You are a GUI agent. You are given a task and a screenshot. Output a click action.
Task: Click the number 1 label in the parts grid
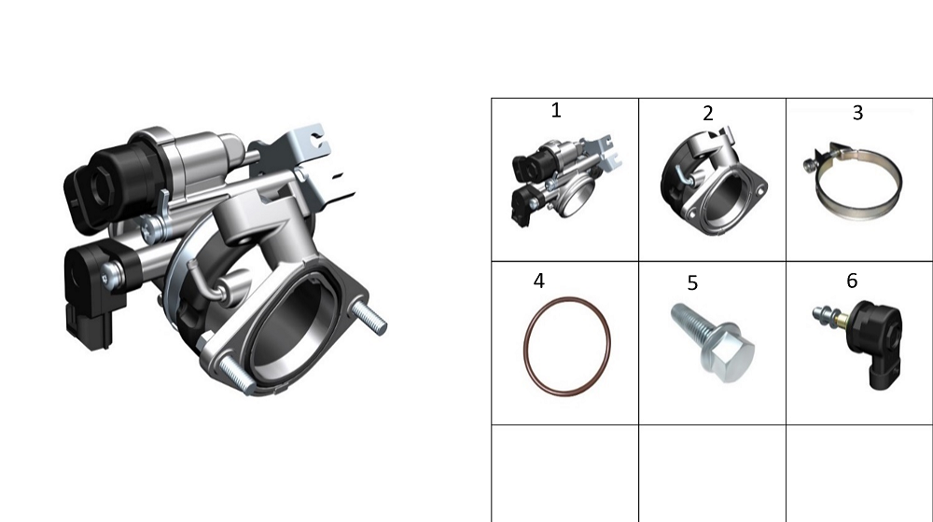556,110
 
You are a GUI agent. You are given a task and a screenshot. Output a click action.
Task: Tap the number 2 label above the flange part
707,114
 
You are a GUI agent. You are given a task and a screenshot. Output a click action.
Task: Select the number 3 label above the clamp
857,113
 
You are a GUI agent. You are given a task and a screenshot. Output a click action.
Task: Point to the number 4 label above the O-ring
539,281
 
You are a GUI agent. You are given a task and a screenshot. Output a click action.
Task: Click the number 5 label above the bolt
692,283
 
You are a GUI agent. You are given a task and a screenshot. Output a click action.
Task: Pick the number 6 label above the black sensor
852,281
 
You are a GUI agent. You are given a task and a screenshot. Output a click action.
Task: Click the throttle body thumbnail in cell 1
566,177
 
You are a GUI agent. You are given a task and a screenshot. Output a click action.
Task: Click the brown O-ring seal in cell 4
524,345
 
